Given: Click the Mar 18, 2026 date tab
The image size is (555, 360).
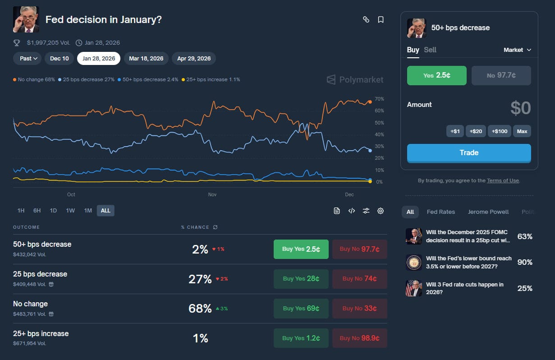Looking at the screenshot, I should point(146,59).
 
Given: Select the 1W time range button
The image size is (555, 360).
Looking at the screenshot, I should point(70,211).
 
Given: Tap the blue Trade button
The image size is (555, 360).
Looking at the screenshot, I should point(469,153).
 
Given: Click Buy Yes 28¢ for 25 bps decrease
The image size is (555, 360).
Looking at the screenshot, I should point(301,279).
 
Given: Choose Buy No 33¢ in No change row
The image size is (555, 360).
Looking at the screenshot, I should point(359,309).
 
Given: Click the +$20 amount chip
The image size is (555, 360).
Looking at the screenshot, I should point(476,131).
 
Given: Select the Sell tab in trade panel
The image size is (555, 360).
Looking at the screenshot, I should point(430,50).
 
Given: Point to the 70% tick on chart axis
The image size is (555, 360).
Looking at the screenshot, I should point(379,99).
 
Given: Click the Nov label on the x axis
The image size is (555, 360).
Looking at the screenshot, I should point(212,194).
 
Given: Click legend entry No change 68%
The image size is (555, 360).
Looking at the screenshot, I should point(35,79).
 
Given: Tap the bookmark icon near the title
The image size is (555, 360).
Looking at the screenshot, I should point(381,19).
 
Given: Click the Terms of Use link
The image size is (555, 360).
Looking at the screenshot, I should point(503,180).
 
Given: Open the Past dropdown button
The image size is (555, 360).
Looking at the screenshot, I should point(28,59).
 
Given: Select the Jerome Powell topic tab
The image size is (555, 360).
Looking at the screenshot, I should point(488,212).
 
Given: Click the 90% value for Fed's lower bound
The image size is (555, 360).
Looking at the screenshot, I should point(525,262).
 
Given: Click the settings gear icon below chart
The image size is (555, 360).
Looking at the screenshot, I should point(381,211).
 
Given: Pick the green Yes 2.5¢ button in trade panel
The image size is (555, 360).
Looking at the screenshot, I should point(436,75).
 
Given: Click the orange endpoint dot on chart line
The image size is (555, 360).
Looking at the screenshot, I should point(370,102).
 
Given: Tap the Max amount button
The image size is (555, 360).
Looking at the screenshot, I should point(522,131).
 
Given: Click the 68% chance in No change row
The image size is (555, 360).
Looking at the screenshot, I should point(200,309).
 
